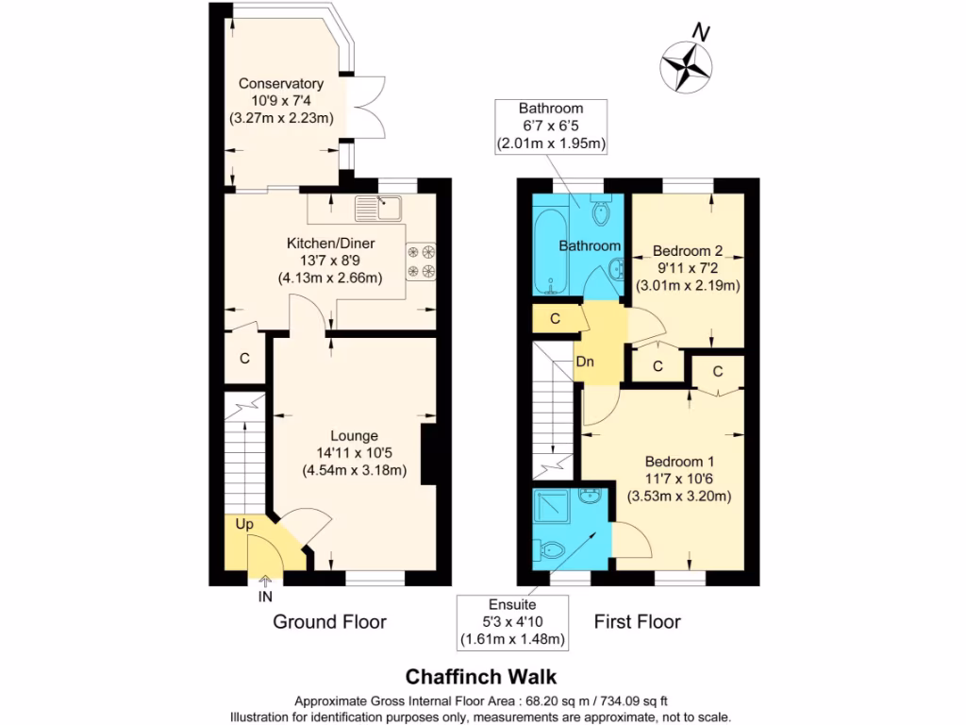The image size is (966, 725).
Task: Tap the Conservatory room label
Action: pyautogui.click(x=281, y=83)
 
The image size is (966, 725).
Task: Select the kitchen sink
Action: pyautogui.click(x=378, y=207)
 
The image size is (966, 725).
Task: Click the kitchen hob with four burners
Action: pyautogui.click(x=421, y=261)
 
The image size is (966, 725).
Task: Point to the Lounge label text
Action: pyautogui.click(x=355, y=436)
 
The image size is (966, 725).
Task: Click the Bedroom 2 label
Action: pyautogui.click(x=688, y=251)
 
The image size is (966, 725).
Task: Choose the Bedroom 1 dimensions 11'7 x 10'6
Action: pyautogui.click(x=679, y=479)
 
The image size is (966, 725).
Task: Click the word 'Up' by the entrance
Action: pyautogui.click(x=243, y=524)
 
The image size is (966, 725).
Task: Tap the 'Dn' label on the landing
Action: pyautogui.click(x=584, y=362)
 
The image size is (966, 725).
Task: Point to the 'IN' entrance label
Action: pyautogui.click(x=265, y=597)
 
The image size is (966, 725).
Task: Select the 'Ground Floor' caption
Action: pyautogui.click(x=329, y=621)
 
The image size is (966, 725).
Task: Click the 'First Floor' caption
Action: pyautogui.click(x=637, y=621)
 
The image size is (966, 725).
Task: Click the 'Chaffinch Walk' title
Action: pyautogui.click(x=481, y=677)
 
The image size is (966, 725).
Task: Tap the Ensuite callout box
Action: pyautogui.click(x=512, y=622)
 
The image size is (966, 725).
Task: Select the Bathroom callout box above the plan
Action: pyautogui.click(x=551, y=126)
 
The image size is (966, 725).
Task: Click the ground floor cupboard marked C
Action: pyautogui.click(x=244, y=359)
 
